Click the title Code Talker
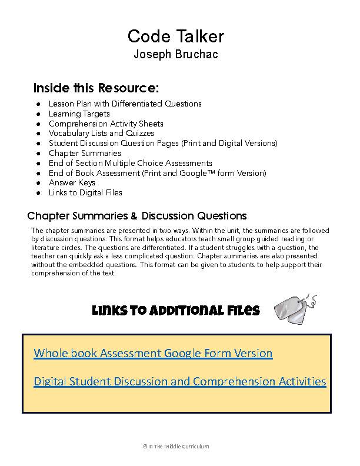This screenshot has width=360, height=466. click(x=176, y=36)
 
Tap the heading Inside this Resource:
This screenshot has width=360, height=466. click(x=96, y=88)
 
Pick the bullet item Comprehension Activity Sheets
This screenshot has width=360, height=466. click(x=106, y=124)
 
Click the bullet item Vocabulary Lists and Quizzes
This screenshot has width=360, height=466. click(x=101, y=134)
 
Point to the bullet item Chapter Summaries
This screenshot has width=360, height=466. click(x=85, y=153)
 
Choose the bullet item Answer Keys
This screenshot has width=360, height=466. click(x=72, y=182)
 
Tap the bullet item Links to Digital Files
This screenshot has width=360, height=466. click(x=85, y=192)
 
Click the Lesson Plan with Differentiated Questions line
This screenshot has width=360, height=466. click(x=125, y=104)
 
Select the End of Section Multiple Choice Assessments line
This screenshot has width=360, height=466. click(x=130, y=163)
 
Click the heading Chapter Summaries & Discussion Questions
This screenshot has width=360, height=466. click(x=137, y=215)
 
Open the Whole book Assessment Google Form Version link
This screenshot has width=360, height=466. click(x=153, y=353)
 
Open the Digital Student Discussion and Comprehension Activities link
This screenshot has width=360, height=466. click(x=179, y=381)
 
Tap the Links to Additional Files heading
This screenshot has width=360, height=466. click(x=175, y=311)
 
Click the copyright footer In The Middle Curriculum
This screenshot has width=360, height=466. click(x=176, y=447)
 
